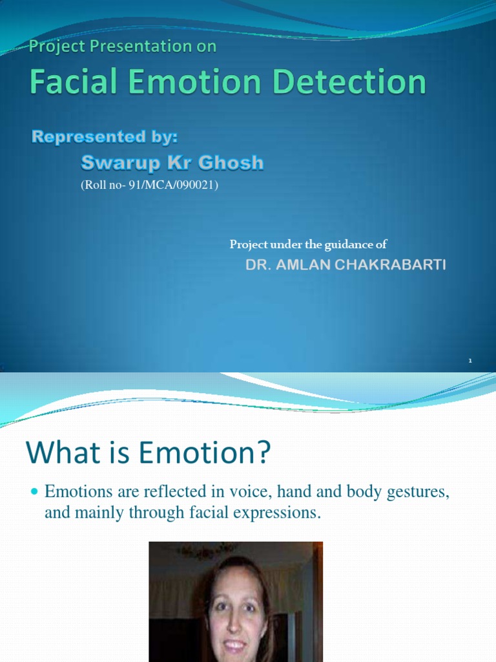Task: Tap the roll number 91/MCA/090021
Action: pyautogui.click(x=181, y=186)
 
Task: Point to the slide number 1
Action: pyautogui.click(x=470, y=360)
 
